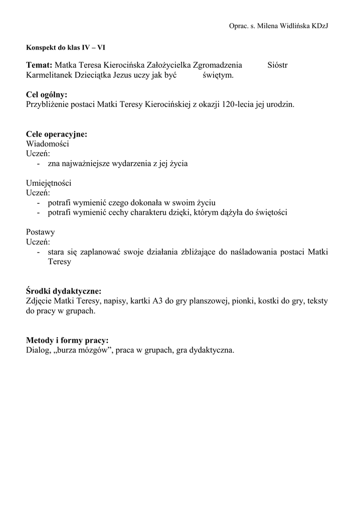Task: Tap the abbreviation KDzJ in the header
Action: pyautogui.click(x=320, y=26)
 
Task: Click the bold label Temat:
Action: pyautogui.click(x=39, y=65)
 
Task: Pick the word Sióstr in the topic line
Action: pyautogui.click(x=278, y=65)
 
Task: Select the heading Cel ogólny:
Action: pyautogui.click(x=47, y=94)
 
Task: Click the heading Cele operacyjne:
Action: pyautogui.click(x=57, y=134)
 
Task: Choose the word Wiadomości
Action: pyautogui.click(x=48, y=144)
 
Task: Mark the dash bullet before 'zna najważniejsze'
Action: pyautogui.click(x=39, y=164)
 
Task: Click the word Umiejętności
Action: pyautogui.click(x=49, y=183)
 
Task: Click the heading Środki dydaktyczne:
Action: pyautogui.click(x=64, y=291)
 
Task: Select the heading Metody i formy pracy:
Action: pyautogui.click(x=67, y=340)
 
